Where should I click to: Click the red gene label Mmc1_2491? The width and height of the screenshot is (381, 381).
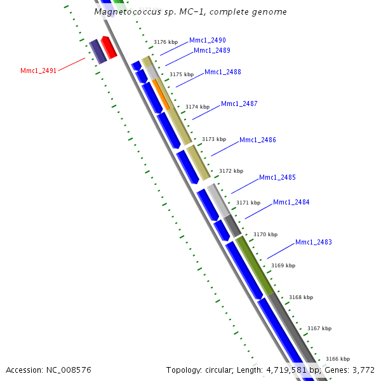[38, 70]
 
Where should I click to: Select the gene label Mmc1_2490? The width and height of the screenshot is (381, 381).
[207, 40]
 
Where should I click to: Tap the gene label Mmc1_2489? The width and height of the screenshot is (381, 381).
[211, 50]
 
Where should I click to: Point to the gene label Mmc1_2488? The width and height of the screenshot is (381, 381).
[222, 72]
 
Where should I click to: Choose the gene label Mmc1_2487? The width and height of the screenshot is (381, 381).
[239, 104]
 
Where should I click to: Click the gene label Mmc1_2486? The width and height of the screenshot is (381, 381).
[257, 140]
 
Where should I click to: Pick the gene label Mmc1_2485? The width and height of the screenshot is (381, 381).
[277, 177]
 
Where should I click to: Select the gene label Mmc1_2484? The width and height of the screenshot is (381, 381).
[291, 202]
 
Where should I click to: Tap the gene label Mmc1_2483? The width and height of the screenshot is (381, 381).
[313, 242]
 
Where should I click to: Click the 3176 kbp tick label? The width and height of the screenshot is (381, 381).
[165, 42]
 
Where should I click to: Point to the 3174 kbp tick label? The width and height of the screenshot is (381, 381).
[197, 107]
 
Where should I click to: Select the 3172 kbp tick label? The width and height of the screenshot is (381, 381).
[231, 171]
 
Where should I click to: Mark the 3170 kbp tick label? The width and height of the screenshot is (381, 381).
[265, 234]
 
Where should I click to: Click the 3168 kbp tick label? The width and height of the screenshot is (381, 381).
[300, 297]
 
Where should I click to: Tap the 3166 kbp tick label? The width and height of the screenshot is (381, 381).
[337, 359]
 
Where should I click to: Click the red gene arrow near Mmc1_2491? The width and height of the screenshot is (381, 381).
[109, 48]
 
